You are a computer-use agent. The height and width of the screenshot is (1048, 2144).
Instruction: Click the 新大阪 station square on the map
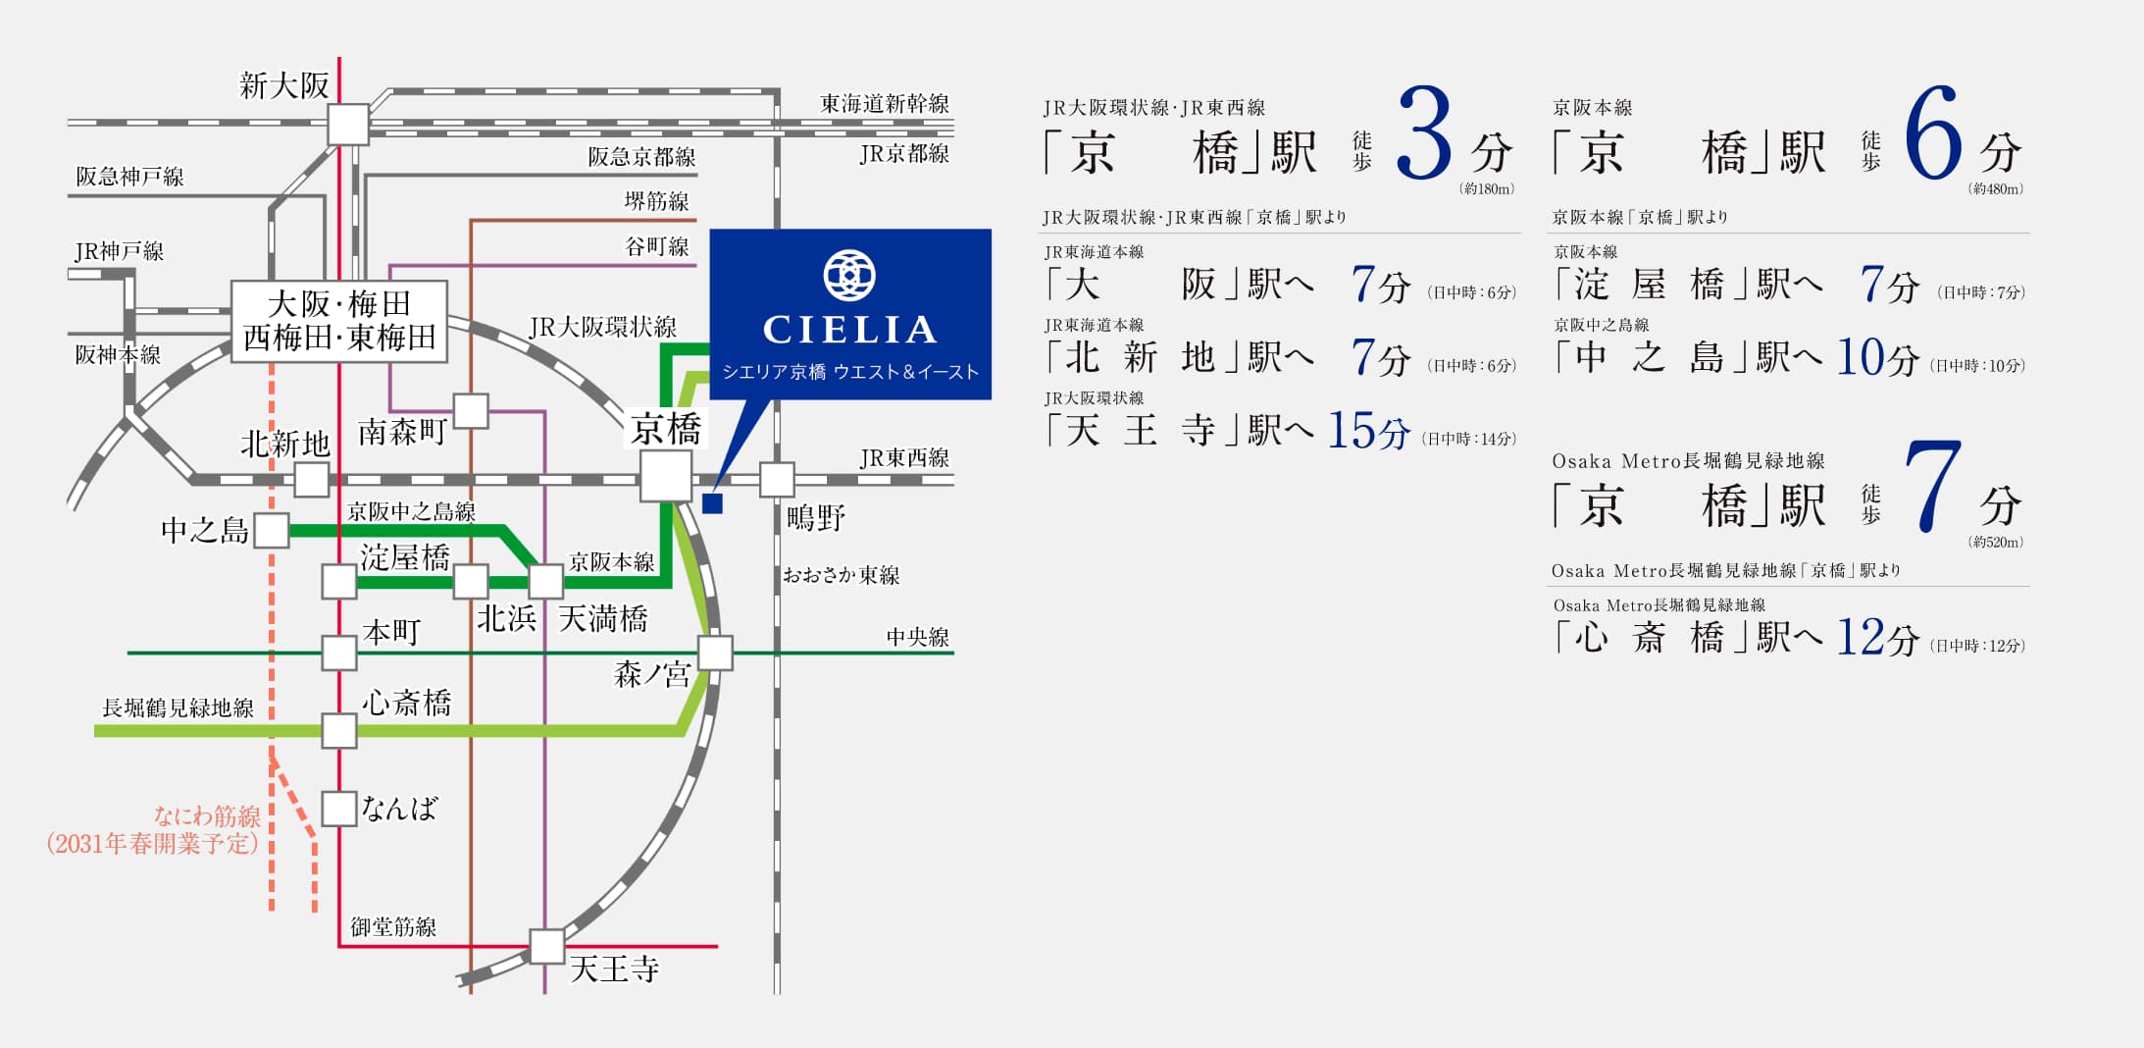pos(348,125)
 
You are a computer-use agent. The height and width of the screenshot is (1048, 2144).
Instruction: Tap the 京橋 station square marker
pos(666,477)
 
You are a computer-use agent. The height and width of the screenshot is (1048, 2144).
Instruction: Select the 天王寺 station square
pos(547,946)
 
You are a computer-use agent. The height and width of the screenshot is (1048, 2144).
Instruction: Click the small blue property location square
pos(713,503)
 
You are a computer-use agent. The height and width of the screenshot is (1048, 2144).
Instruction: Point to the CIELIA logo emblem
pos(849,276)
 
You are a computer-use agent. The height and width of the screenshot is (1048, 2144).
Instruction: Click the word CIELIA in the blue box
pos(849,330)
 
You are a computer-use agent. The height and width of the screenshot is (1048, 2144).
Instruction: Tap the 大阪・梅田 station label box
pos(339,321)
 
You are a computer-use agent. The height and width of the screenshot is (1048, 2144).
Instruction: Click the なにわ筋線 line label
pos(208,815)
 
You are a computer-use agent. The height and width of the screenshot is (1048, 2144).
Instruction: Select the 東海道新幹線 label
pos(885,103)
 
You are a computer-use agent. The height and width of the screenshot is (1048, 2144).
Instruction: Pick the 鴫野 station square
pos(777,480)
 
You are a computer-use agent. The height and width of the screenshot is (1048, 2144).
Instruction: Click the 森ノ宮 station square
pos(715,653)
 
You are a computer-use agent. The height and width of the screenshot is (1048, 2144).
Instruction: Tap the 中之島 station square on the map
pos(272,530)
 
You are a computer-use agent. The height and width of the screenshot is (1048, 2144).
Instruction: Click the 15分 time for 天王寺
pos(1369,430)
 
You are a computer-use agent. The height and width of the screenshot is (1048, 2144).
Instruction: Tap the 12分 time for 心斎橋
pos(1878,638)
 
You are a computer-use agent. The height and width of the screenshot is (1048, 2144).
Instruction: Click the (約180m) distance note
pos(1488,188)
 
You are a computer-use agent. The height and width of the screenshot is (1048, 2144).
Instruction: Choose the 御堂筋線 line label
pos(393,926)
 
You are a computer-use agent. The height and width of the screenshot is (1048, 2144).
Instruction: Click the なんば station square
pos(339,809)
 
